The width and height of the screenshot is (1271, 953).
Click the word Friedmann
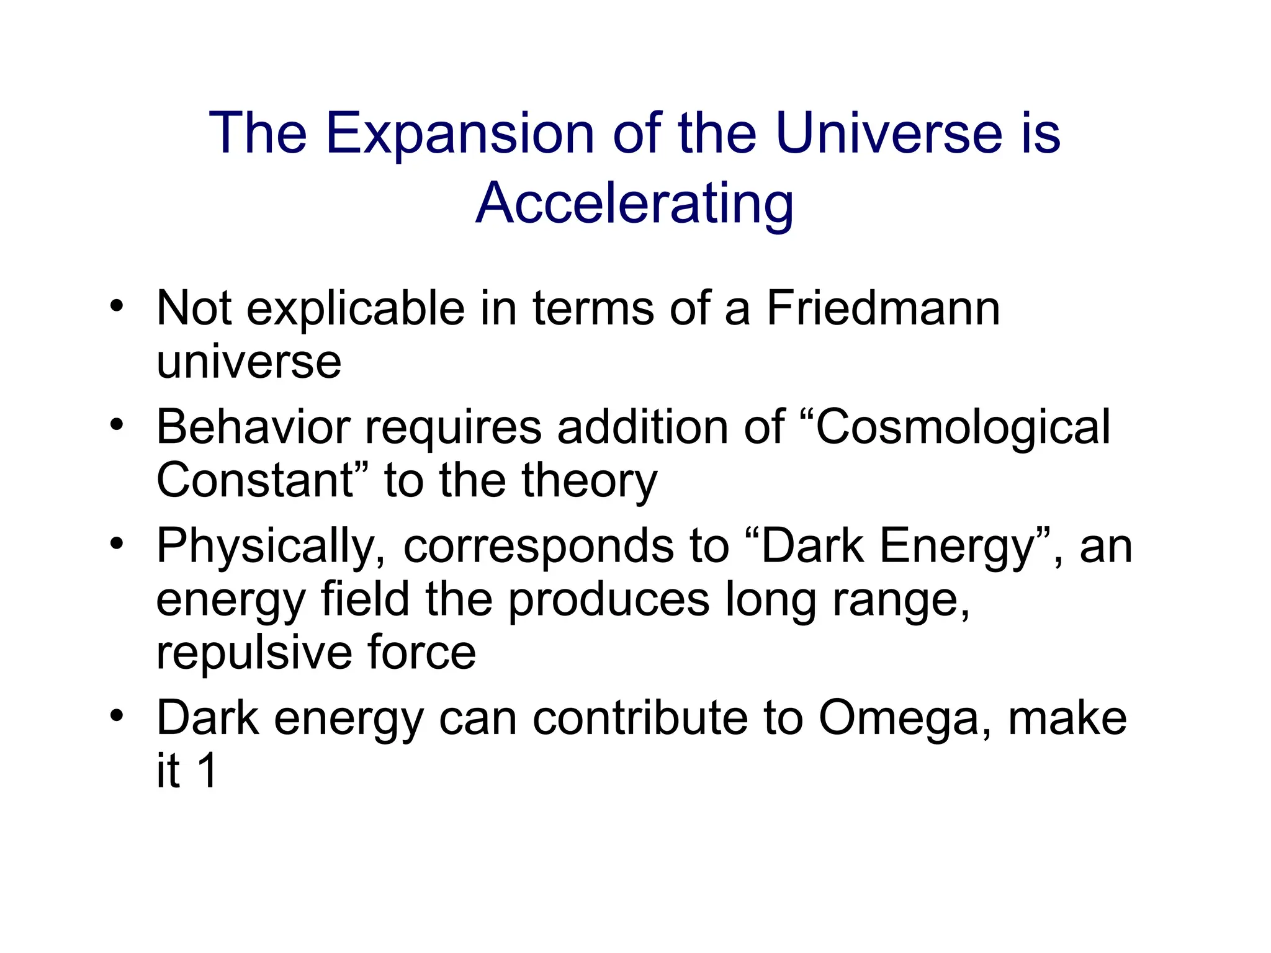point(883,308)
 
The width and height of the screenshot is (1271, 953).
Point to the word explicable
point(355,309)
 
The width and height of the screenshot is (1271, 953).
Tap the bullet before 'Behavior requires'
point(116,425)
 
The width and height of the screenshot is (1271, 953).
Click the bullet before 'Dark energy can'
point(116,716)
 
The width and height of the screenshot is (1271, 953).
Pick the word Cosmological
point(962,427)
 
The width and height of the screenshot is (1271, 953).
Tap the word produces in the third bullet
point(608,601)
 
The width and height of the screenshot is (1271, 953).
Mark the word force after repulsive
point(421,653)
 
